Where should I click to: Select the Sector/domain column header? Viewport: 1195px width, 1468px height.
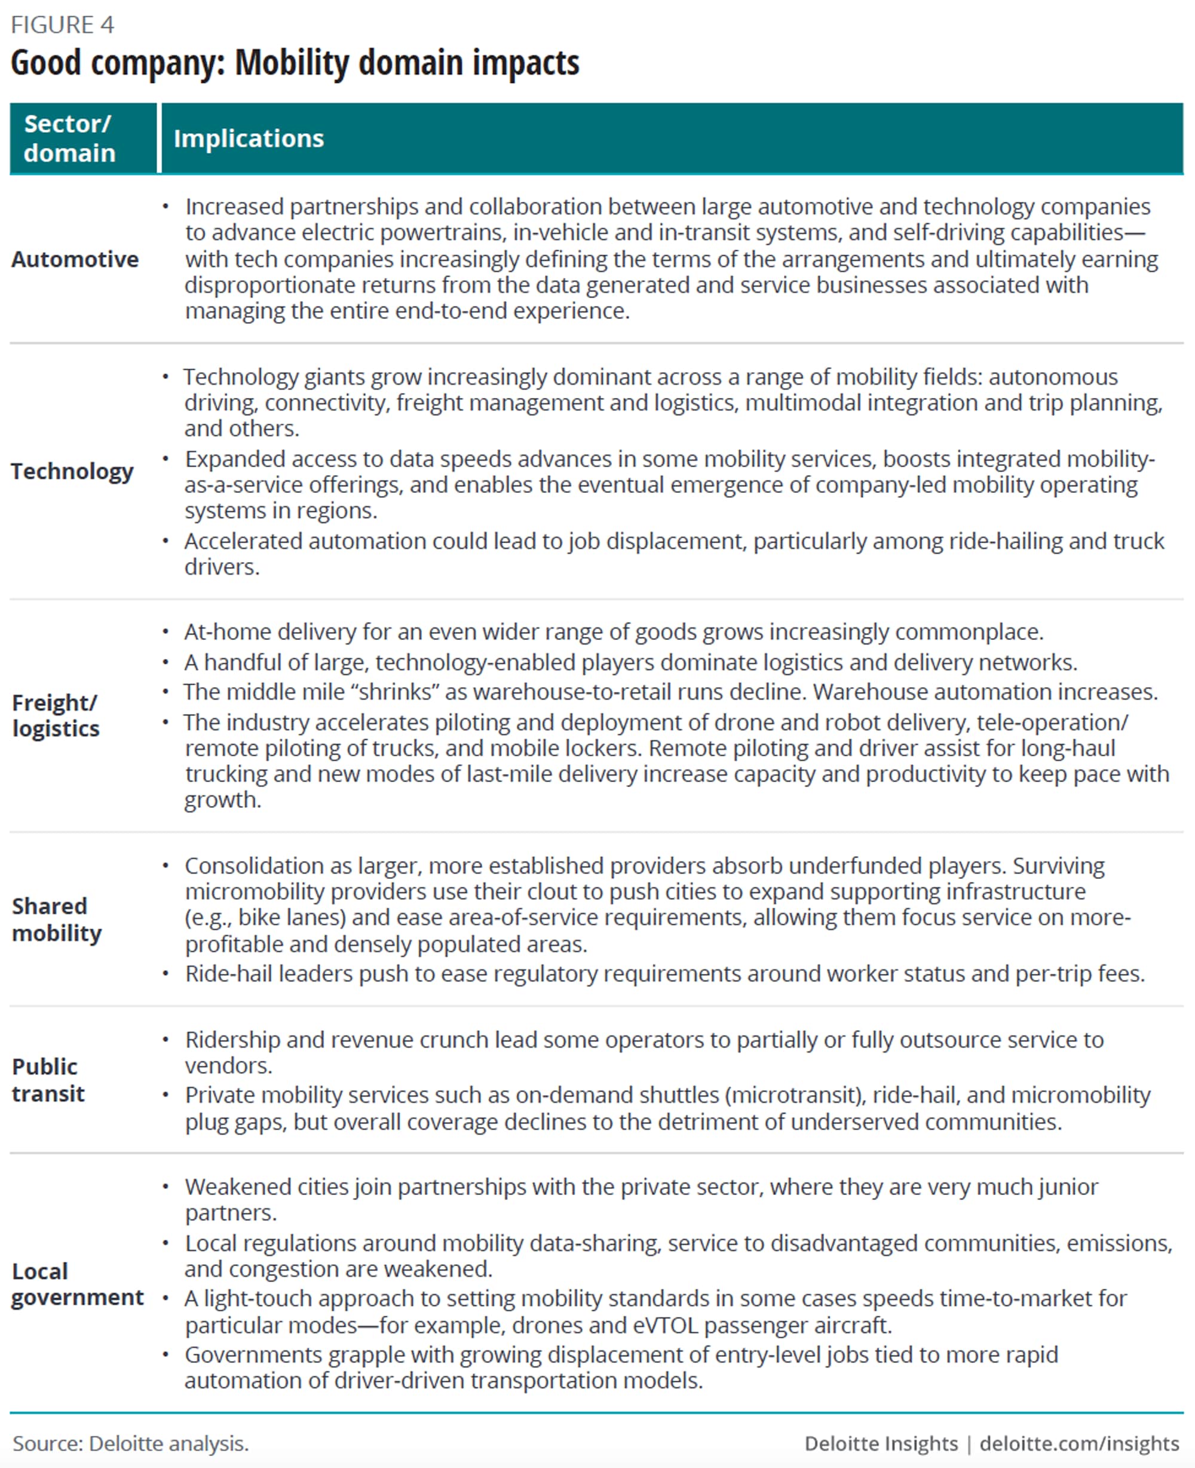pyautogui.click(x=69, y=139)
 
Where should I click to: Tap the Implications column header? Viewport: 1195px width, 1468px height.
pyautogui.click(x=249, y=139)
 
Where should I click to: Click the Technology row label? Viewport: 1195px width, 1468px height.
pyautogui.click(x=72, y=471)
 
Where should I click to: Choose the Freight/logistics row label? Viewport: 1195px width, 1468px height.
pyautogui.click(x=56, y=715)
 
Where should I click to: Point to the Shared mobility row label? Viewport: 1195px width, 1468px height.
pyautogui.click(x=56, y=919)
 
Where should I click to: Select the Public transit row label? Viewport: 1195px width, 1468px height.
pyautogui.click(x=48, y=1079)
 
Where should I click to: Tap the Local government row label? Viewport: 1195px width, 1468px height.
pyautogui.click(x=77, y=1283)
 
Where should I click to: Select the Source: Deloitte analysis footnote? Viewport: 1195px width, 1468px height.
pyautogui.click(x=131, y=1444)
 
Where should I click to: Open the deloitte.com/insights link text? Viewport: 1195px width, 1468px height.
pyautogui.click(x=1078, y=1444)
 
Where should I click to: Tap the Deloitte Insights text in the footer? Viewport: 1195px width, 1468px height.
pyautogui.click(x=881, y=1444)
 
